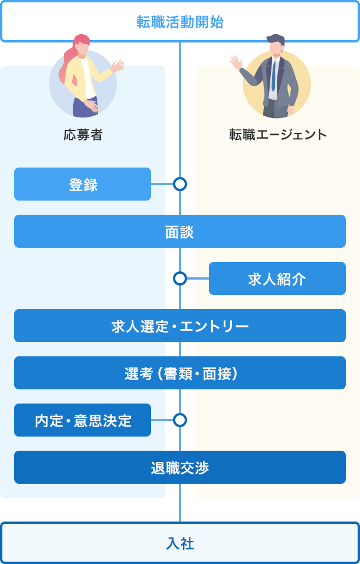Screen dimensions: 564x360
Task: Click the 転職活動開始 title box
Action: tap(180, 22)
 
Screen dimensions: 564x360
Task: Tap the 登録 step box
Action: tap(83, 184)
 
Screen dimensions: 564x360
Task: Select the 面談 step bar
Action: tap(180, 231)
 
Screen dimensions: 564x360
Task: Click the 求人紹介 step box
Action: tap(277, 278)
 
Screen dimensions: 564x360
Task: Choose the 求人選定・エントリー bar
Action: tap(180, 326)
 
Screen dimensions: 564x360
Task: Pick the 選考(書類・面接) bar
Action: tap(180, 373)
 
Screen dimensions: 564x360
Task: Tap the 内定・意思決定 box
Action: tap(83, 420)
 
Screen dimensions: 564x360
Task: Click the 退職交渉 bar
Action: tap(180, 467)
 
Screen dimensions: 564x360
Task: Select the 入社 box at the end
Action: tap(180, 543)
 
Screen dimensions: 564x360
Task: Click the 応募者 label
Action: tap(83, 135)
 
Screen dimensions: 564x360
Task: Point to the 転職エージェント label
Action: tap(277, 135)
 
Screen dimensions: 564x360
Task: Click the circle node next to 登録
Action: tap(180, 184)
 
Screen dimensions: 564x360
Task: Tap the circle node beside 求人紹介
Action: tap(180, 278)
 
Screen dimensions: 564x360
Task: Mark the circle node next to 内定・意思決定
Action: tap(180, 420)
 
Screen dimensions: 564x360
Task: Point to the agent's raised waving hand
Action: tap(237, 61)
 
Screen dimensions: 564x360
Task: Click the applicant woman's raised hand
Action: tap(119, 65)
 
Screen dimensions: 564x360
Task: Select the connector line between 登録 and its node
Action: tap(162, 184)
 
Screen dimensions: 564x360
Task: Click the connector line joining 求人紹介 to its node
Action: tap(198, 278)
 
